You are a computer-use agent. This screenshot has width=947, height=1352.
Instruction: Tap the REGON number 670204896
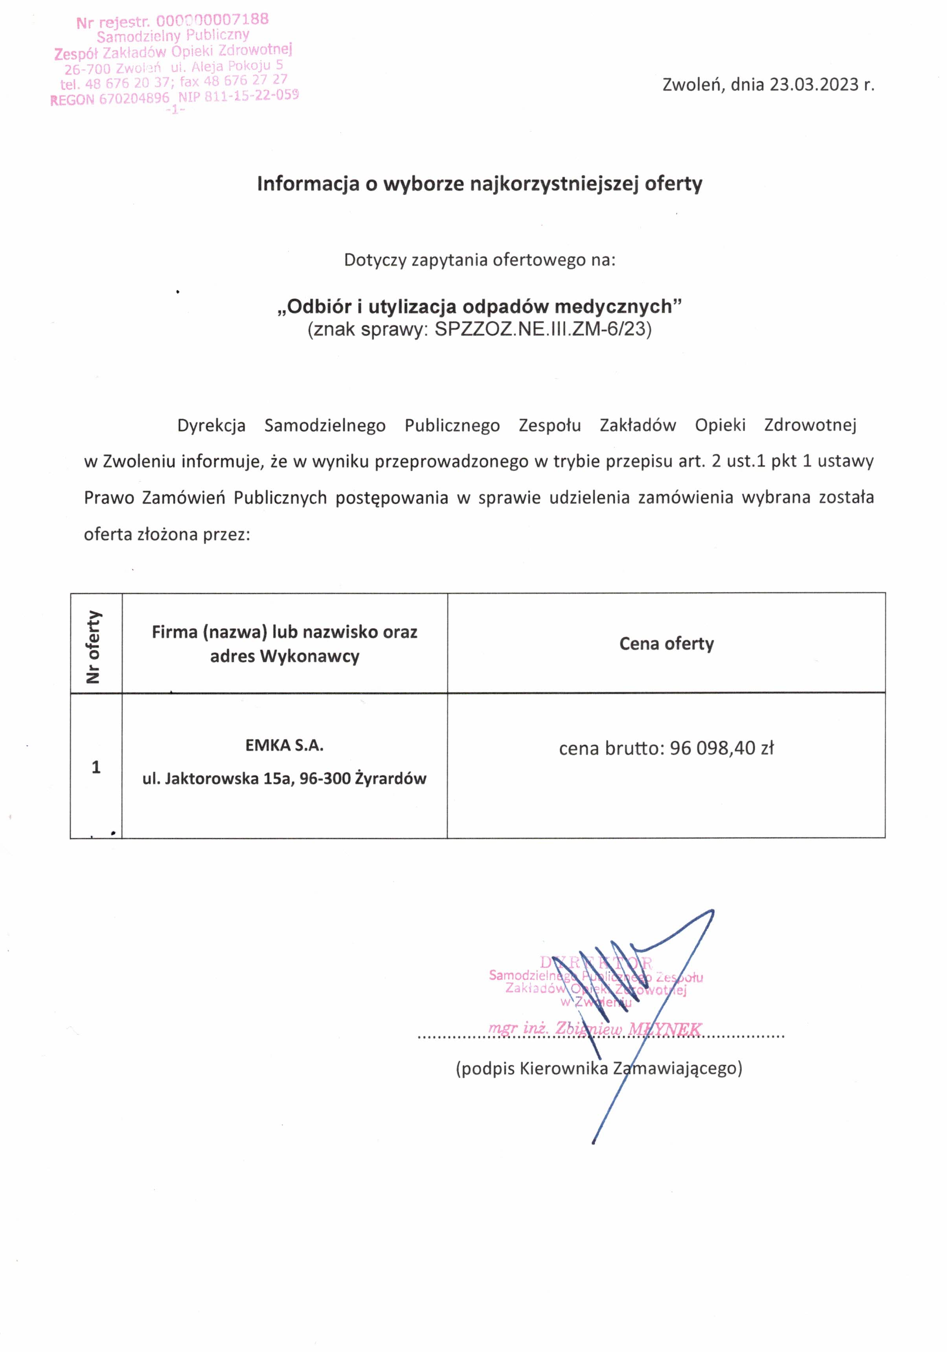(x=134, y=99)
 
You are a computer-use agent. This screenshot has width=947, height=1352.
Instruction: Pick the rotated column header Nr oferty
(x=94, y=647)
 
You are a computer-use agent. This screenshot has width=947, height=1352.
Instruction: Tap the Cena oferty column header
(x=666, y=644)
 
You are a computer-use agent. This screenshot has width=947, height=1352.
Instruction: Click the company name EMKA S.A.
(x=284, y=745)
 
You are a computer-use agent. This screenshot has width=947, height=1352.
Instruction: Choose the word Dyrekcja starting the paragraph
(x=211, y=425)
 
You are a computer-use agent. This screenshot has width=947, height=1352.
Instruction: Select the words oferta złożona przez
(x=167, y=534)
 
